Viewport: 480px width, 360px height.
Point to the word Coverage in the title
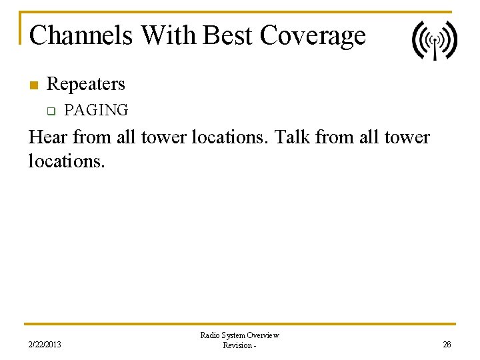(313, 35)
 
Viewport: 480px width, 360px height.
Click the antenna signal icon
(434, 41)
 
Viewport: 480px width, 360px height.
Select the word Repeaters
(86, 84)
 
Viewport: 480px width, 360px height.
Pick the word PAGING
(96, 110)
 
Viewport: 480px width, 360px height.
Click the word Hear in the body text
(48, 137)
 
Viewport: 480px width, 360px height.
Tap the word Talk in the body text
(294, 137)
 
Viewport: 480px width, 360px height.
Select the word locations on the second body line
(65, 161)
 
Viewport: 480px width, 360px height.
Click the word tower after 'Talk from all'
(407, 137)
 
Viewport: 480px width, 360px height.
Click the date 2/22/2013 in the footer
(45, 345)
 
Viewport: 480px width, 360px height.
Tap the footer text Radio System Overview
(240, 335)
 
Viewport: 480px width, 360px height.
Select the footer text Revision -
(239, 345)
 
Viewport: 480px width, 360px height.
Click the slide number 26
(447, 345)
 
